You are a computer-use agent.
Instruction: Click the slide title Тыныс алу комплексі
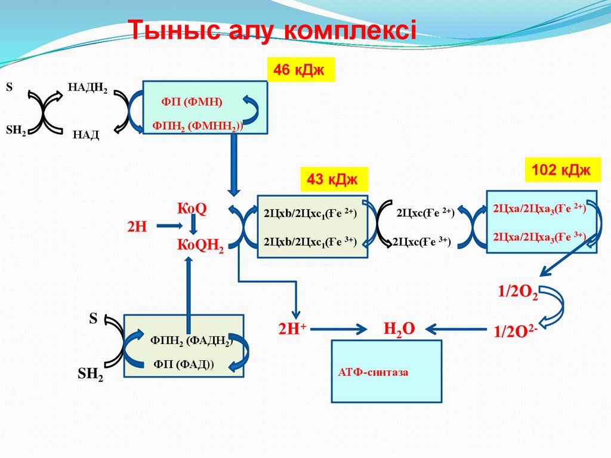273,30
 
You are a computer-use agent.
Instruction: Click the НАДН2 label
88,89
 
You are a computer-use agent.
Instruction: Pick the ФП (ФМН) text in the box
192,103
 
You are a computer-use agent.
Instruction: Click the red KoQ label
192,209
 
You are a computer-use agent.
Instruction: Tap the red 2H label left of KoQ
137,227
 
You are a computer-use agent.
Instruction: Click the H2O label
399,328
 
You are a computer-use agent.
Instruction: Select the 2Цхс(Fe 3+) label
421,242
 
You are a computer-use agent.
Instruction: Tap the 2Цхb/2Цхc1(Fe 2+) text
310,213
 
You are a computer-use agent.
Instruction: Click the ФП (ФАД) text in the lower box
184,364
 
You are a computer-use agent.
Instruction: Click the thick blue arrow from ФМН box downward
234,163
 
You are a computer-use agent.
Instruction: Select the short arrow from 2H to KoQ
168,226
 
